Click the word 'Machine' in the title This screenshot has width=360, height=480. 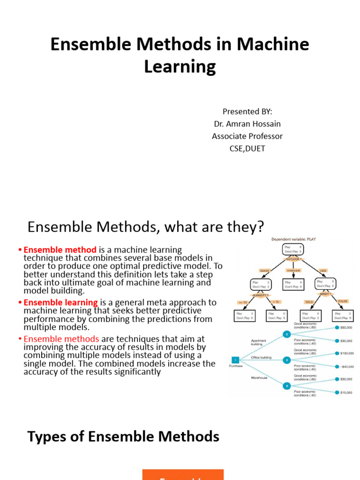tap(273, 45)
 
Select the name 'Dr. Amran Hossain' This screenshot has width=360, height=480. tap(247, 124)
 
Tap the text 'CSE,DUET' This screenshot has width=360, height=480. tap(247, 149)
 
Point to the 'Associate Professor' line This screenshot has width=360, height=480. tap(247, 136)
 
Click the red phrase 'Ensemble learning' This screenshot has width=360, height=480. tap(61, 302)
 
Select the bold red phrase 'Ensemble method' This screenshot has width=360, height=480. tap(60, 250)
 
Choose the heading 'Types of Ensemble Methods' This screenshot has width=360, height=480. tap(123, 437)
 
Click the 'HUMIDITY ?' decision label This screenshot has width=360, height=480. tap(261, 295)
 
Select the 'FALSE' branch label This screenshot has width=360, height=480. tap(343, 301)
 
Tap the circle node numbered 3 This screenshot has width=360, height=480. tap(287, 360)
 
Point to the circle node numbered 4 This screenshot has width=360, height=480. tap(287, 385)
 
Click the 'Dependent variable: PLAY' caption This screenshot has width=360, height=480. tap(294, 239)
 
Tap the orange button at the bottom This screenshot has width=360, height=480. tap(183, 474)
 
